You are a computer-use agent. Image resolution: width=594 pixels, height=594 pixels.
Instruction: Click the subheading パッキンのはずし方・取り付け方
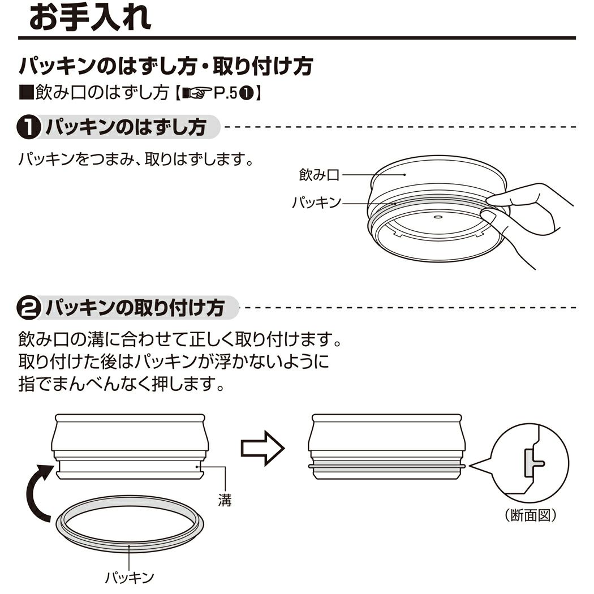coord(166,67)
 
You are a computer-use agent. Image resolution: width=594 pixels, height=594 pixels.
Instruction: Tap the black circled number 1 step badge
coord(28,128)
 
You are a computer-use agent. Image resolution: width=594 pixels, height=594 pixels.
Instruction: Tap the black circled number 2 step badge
coord(28,309)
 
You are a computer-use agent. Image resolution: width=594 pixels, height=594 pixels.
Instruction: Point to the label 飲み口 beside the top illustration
coord(319,175)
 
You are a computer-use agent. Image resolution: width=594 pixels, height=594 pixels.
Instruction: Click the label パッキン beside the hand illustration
coord(316,202)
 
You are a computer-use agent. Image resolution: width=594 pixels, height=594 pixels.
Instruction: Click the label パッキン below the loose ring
coord(130,577)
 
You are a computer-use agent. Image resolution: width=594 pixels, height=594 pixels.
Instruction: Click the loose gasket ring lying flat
coord(130,524)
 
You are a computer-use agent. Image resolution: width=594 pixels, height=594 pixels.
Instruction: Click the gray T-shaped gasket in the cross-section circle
coord(531,463)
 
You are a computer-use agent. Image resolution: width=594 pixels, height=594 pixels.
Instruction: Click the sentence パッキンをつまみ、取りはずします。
coord(135,158)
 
